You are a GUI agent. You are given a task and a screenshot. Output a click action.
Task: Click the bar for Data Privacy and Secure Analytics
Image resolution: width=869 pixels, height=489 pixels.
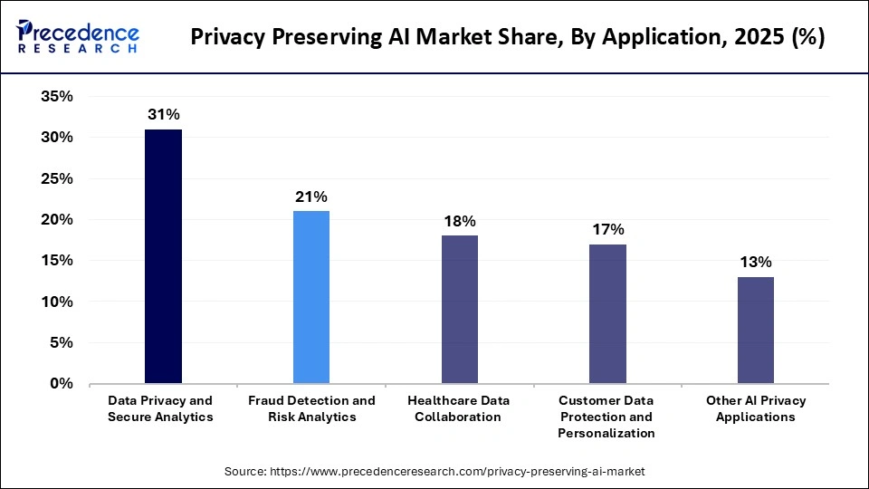click(163, 256)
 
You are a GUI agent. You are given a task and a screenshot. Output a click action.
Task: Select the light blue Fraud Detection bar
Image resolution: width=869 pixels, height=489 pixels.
click(311, 297)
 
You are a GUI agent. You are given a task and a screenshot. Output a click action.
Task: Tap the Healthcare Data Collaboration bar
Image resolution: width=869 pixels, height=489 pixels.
click(459, 310)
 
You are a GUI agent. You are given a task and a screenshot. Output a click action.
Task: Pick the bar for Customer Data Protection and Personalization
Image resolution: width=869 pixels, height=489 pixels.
click(607, 313)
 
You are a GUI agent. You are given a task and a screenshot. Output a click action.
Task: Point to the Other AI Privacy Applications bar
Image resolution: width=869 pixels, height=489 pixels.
click(755, 330)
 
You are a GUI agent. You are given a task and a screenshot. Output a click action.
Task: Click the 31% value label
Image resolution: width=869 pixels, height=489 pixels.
click(164, 114)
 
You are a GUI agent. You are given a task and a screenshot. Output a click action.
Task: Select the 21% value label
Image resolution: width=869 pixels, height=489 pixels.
click(311, 197)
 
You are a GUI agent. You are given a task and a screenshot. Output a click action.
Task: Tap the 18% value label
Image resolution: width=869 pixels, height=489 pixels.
click(459, 221)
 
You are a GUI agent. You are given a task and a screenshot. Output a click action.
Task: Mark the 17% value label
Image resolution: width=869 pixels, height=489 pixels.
click(607, 229)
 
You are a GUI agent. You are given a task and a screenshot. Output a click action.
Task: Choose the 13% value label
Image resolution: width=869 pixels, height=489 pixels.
click(755, 262)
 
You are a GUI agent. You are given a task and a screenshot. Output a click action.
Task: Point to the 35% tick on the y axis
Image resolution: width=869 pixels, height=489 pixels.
click(56, 97)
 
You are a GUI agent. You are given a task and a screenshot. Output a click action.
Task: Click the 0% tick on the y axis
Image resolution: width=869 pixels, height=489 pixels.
click(61, 384)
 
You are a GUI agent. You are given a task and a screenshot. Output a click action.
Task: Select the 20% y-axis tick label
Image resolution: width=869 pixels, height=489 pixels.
click(56, 220)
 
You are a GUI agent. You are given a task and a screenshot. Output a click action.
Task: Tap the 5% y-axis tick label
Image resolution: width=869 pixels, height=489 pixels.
click(61, 343)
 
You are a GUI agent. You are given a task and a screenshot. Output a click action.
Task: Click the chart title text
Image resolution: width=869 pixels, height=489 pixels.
click(508, 39)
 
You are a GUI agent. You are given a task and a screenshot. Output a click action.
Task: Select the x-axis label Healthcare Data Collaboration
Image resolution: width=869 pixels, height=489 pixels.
click(459, 408)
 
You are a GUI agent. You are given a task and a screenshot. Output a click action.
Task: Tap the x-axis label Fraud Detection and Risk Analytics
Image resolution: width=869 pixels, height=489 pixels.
click(311, 408)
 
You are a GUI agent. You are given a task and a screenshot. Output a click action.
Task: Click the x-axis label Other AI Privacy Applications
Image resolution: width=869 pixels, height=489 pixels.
click(755, 408)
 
